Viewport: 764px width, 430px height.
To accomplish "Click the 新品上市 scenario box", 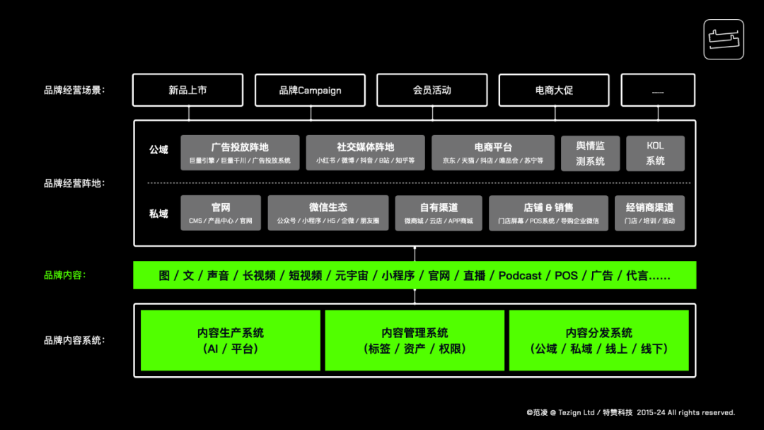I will coord(187,91).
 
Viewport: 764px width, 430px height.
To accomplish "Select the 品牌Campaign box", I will coord(310,91).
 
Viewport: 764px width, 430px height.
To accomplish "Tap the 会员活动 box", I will coord(432,91).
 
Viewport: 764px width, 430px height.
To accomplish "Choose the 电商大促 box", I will coord(554,91).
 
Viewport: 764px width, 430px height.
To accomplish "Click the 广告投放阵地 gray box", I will coord(240,153).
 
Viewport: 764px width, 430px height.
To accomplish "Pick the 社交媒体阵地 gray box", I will coord(365,153).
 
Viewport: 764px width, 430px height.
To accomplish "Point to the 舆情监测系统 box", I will coord(590,153).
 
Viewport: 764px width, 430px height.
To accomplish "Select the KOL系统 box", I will coord(655,153).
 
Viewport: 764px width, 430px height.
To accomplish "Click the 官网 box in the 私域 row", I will coord(220,213).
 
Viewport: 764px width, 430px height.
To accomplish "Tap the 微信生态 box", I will coord(328,213).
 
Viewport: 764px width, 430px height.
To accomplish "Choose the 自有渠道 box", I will coord(439,213).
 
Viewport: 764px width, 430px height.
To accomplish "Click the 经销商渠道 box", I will coord(649,213).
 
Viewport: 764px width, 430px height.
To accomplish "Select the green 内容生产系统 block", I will coord(231,340).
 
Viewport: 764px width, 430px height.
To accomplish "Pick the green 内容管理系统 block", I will coord(415,340).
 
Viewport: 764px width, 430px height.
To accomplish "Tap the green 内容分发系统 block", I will coord(598,340).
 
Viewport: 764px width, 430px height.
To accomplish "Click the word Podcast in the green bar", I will coord(520,276).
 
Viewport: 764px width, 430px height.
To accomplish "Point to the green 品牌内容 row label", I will coord(64,275).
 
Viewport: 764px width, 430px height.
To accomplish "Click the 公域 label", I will coord(158,150).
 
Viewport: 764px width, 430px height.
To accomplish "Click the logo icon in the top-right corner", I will coord(723,39).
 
